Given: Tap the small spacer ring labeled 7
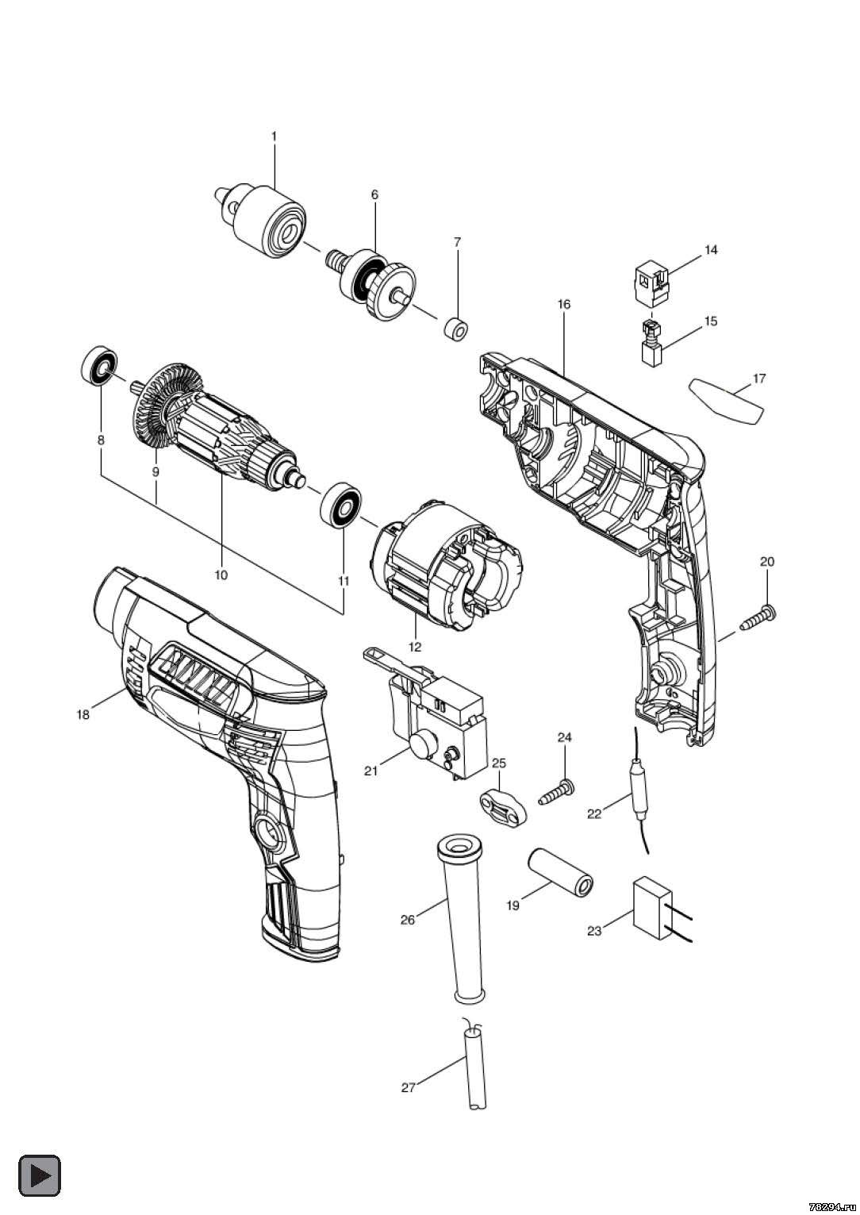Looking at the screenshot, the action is [x=455, y=329].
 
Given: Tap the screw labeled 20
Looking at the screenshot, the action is [x=758, y=617].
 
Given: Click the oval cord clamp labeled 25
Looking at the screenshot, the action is [x=504, y=808].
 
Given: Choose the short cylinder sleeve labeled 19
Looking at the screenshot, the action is [x=561, y=872].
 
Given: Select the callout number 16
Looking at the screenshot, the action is [x=564, y=304].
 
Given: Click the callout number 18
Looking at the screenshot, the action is [x=83, y=715].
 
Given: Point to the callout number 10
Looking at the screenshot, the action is [x=221, y=575].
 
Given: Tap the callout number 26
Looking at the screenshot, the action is [x=408, y=920].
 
